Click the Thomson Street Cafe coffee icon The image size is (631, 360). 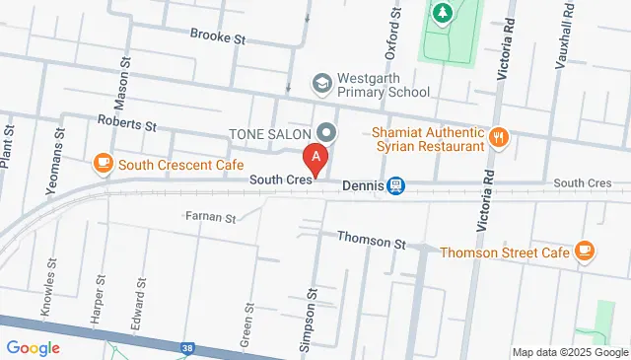pyautogui.click(x=585, y=252)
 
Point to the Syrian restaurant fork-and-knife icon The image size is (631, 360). pyautogui.click(x=500, y=137)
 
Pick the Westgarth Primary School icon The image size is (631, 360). pyautogui.click(x=320, y=84)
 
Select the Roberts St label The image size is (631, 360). pyautogui.click(x=127, y=125)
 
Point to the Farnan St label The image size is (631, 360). pyautogui.click(x=211, y=216)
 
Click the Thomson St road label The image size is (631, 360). pyautogui.click(x=372, y=240)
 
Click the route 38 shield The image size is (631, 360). pyautogui.click(x=186, y=347)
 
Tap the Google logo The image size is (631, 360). pyautogui.click(x=33, y=347)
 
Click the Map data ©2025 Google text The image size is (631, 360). pyautogui.click(x=569, y=352)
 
